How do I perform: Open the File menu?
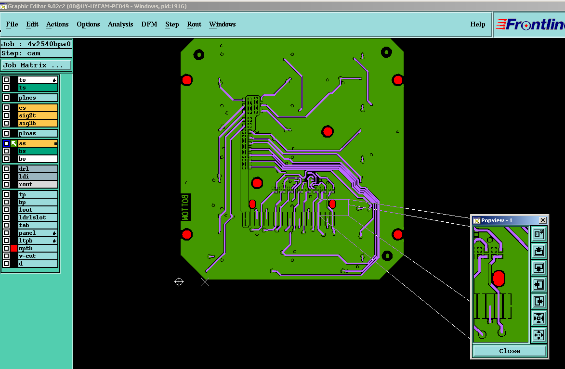pyautogui.click(x=12, y=24)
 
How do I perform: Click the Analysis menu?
pyautogui.click(x=120, y=24)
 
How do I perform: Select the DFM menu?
pyautogui.click(x=149, y=24)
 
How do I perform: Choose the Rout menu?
pyautogui.click(x=194, y=24)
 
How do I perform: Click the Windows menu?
pyautogui.click(x=223, y=24)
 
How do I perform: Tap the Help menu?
pyautogui.click(x=477, y=24)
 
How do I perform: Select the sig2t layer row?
pyautogui.click(x=38, y=115)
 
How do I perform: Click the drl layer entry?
pyautogui.click(x=38, y=169)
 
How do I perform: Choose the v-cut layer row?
pyautogui.click(x=38, y=256)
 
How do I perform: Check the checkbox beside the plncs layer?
pyautogui.click(x=6, y=98)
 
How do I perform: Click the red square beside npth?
pyautogui.click(x=14, y=248)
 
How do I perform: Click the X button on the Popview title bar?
pyautogui.click(x=543, y=220)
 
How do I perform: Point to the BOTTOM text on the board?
pyautogui.click(x=185, y=207)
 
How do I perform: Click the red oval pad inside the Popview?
pyautogui.click(x=499, y=278)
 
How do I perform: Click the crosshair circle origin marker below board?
pyautogui.click(x=179, y=281)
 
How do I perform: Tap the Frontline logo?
pyautogui.click(x=530, y=25)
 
